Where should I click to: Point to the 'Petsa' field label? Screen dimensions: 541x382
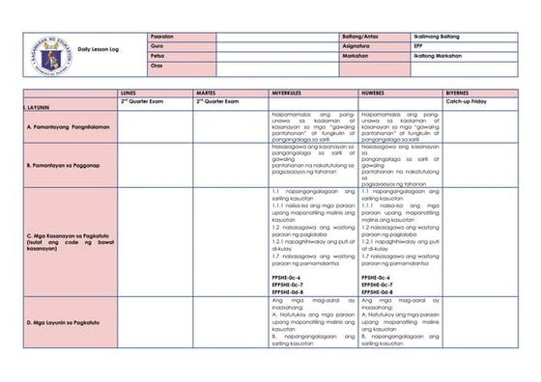click(x=158, y=55)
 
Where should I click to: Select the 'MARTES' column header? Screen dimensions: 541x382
click(x=208, y=93)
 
